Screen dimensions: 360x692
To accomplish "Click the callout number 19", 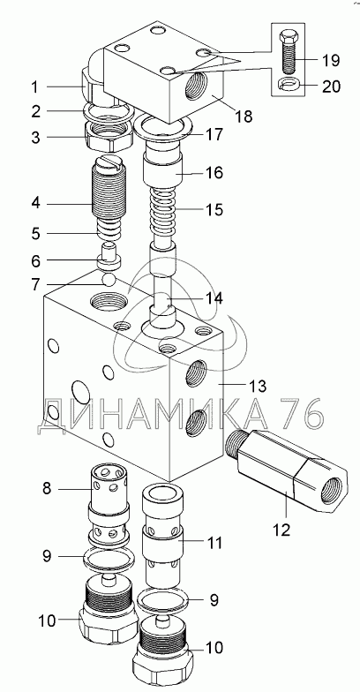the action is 330,60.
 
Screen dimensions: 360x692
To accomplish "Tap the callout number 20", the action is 331,86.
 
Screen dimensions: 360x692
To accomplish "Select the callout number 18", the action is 244,117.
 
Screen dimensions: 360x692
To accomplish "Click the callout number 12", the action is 282,530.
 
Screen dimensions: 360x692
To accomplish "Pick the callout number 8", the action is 48,489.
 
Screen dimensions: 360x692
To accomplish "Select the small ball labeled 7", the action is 109,279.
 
